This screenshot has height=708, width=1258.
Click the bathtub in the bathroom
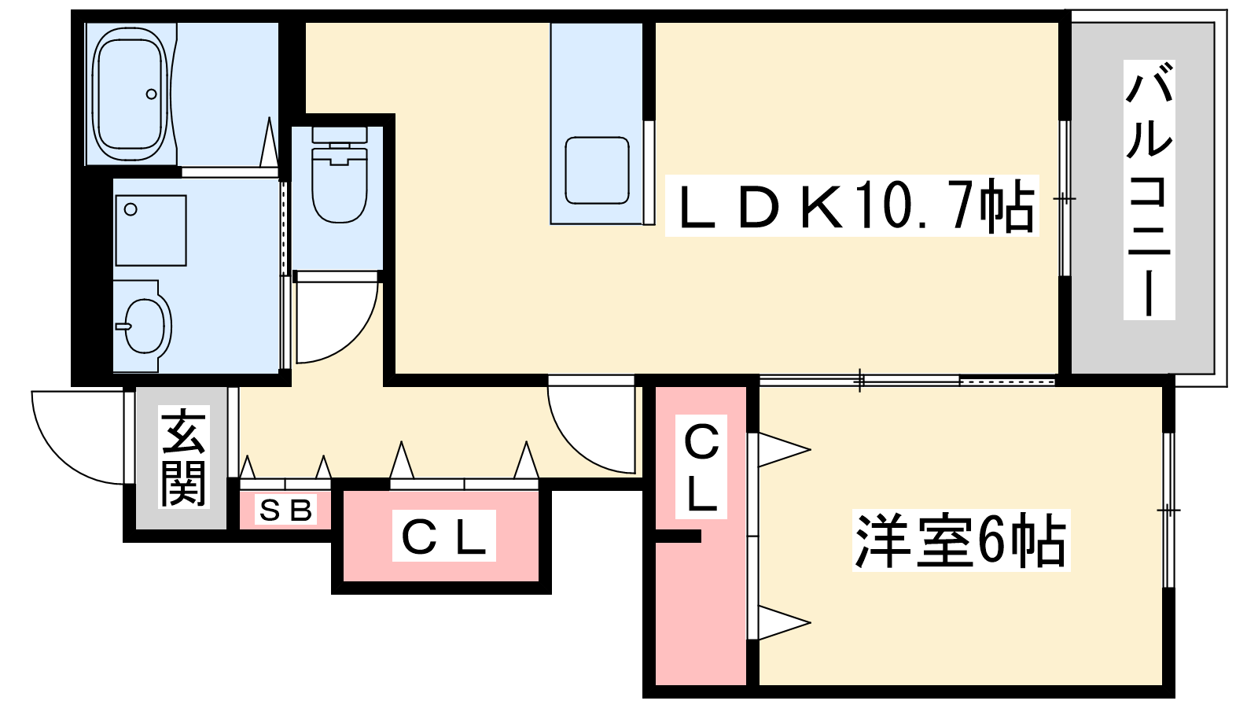coord(131,94)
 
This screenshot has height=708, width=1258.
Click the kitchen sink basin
coord(597,170)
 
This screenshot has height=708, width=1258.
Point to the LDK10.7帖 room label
coord(852,205)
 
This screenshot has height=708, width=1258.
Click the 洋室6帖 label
coord(961,540)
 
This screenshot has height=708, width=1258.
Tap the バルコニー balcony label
coord(1149,190)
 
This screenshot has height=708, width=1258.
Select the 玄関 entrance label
coord(184,457)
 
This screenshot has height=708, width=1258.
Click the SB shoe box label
coord(285,510)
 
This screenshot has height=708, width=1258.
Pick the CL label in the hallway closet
coord(443,536)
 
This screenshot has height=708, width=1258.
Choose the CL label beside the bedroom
coord(701,466)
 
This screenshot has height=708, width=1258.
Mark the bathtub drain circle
coord(151,94)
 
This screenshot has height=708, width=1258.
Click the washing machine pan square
coord(151,230)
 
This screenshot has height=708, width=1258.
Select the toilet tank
coord(339,135)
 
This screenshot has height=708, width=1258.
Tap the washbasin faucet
coord(123,326)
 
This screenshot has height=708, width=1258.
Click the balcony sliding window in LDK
coord(1065,198)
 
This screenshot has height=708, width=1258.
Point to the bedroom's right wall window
coord(1168,511)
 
